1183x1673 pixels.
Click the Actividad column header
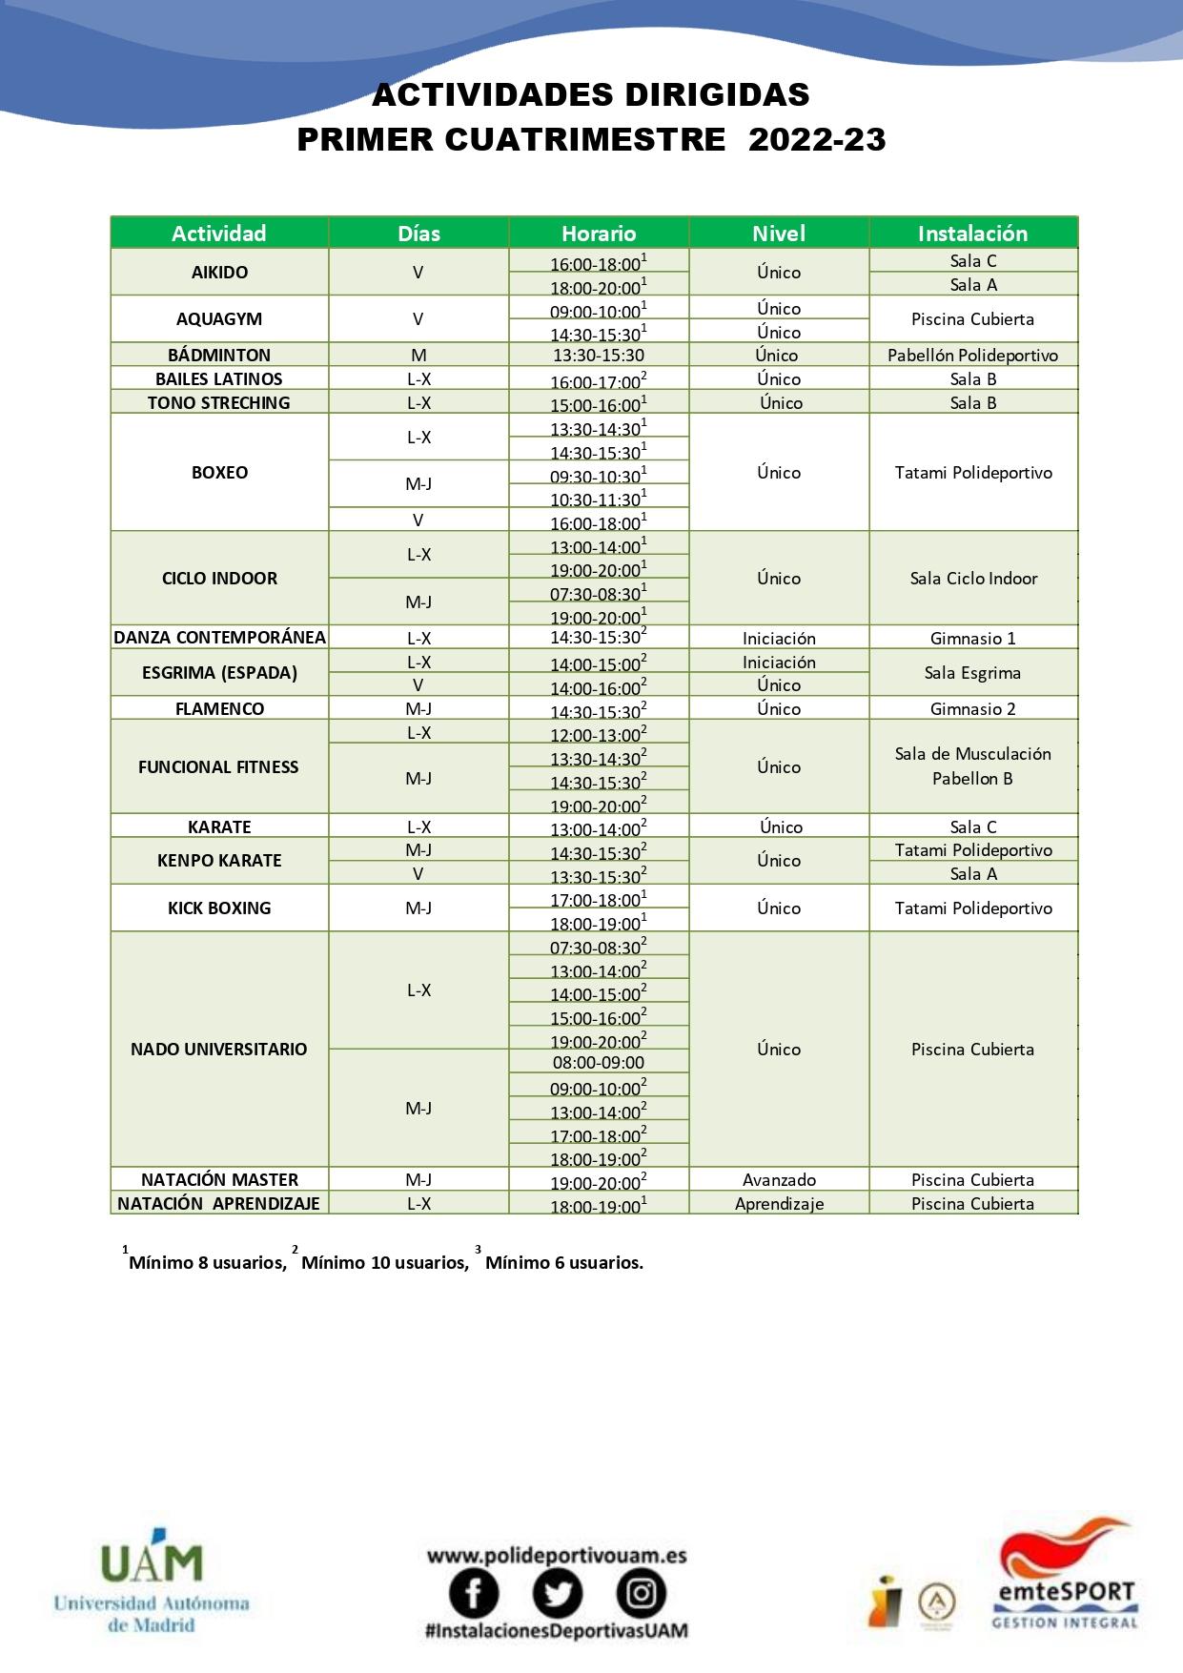click(x=219, y=234)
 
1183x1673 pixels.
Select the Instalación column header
click(x=972, y=234)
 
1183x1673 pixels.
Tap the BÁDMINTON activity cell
click(x=219, y=355)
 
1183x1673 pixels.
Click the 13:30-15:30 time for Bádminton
click(x=599, y=355)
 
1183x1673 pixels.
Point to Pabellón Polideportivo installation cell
click(x=972, y=355)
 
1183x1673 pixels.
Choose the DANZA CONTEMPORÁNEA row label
click(x=219, y=637)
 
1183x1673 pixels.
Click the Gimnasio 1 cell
click(x=972, y=638)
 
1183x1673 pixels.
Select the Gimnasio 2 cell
click(x=972, y=708)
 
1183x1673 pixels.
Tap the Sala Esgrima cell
click(x=972, y=672)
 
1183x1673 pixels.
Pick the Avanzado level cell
click(x=779, y=1179)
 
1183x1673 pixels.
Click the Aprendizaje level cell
click(x=779, y=1203)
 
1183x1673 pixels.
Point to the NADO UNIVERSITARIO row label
click(x=219, y=1049)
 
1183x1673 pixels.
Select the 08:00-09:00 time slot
click(x=599, y=1062)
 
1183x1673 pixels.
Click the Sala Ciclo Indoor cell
click(x=972, y=578)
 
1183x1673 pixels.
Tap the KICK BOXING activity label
click(x=219, y=908)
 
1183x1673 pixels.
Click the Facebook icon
click(x=474, y=1593)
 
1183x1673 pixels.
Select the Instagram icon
click(x=641, y=1593)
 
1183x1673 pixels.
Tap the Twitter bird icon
click(x=557, y=1593)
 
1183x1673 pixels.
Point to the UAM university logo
click(x=152, y=1582)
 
